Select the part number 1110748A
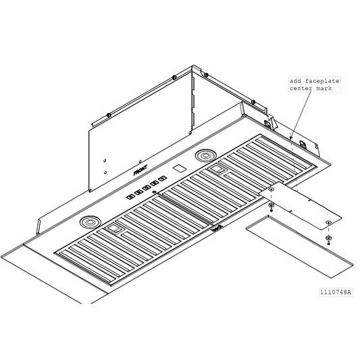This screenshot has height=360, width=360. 336,292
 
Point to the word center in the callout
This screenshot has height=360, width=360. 300,88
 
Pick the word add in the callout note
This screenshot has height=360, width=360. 296,80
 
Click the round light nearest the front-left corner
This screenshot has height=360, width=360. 88,222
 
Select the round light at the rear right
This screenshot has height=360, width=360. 204,156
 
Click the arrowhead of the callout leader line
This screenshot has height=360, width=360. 292,138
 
